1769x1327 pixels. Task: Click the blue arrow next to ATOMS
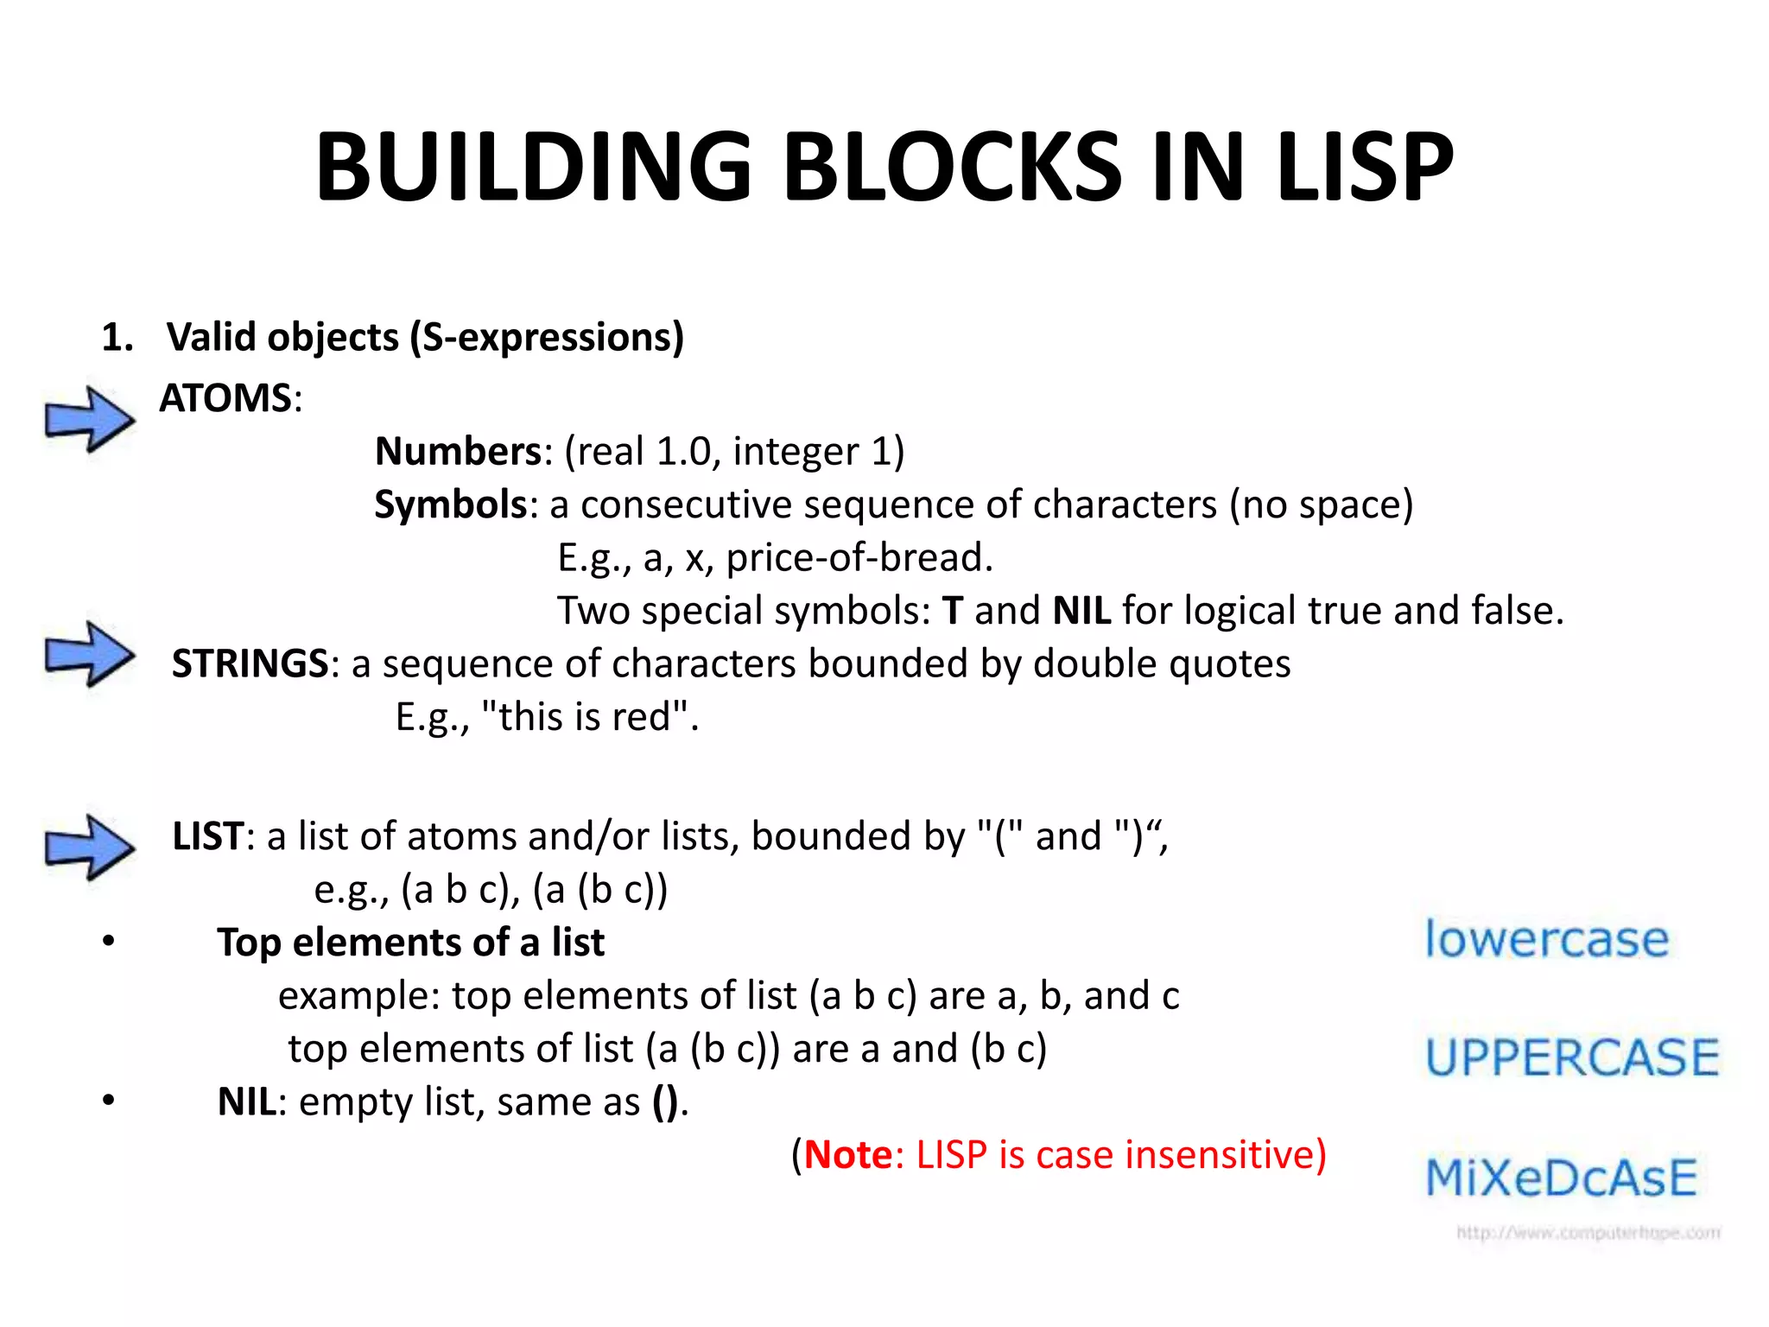90,419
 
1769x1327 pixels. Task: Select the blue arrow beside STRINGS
90,654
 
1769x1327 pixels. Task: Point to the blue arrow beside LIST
90,848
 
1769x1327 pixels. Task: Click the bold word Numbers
458,451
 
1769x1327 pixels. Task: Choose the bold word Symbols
450,505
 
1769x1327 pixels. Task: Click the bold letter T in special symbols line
952,611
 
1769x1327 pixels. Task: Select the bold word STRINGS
250,663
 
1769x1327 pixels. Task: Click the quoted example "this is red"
586,716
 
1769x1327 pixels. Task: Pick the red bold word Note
848,1155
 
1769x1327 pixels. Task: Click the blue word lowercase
1546,939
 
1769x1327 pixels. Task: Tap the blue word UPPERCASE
1572,1057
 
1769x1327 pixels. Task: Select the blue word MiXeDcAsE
1561,1178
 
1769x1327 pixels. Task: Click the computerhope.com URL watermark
1588,1232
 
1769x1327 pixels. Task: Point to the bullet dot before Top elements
108,942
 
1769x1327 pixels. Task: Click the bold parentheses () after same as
665,1102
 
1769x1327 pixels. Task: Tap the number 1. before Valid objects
117,337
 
